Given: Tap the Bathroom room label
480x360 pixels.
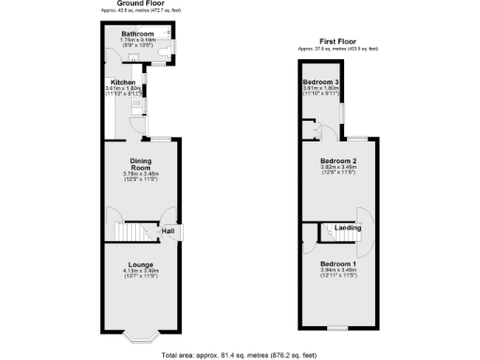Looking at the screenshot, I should click(x=138, y=34).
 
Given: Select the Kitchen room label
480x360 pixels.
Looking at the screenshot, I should click(x=125, y=82).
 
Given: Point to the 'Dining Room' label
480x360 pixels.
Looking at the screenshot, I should click(x=142, y=163).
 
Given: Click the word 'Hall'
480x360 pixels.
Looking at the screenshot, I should click(x=168, y=232).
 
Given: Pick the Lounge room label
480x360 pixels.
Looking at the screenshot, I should click(x=142, y=265).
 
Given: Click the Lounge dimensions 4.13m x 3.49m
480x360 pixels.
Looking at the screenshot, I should click(x=142, y=272).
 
